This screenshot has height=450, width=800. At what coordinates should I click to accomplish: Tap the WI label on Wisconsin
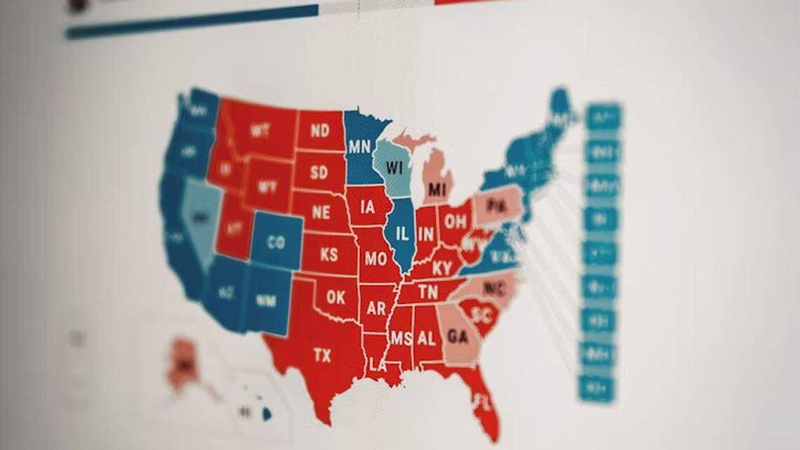pyautogui.click(x=394, y=169)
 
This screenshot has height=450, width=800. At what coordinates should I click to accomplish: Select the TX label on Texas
pyautogui.click(x=322, y=356)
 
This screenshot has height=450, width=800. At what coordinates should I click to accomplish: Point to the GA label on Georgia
pyautogui.click(x=458, y=337)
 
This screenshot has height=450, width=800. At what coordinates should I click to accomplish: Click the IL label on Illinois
pyautogui.click(x=402, y=235)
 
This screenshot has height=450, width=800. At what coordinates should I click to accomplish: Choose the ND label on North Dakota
pyautogui.click(x=320, y=131)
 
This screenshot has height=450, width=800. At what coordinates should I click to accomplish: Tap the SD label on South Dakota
pyautogui.click(x=319, y=172)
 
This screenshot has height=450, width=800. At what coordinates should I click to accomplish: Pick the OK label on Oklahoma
pyautogui.click(x=335, y=298)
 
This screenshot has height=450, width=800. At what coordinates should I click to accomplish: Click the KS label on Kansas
pyautogui.click(x=329, y=255)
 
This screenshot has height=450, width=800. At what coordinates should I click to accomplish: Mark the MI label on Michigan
pyautogui.click(x=437, y=190)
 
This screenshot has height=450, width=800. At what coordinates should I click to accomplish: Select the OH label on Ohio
pyautogui.click(x=455, y=223)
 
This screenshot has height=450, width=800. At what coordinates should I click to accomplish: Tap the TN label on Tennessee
pyautogui.click(x=428, y=291)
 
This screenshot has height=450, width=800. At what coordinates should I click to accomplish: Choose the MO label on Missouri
pyautogui.click(x=375, y=258)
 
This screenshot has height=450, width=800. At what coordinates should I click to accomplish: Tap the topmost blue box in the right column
pyautogui.click(x=604, y=117)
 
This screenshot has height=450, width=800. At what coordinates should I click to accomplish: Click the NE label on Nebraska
pyautogui.click(x=321, y=213)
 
